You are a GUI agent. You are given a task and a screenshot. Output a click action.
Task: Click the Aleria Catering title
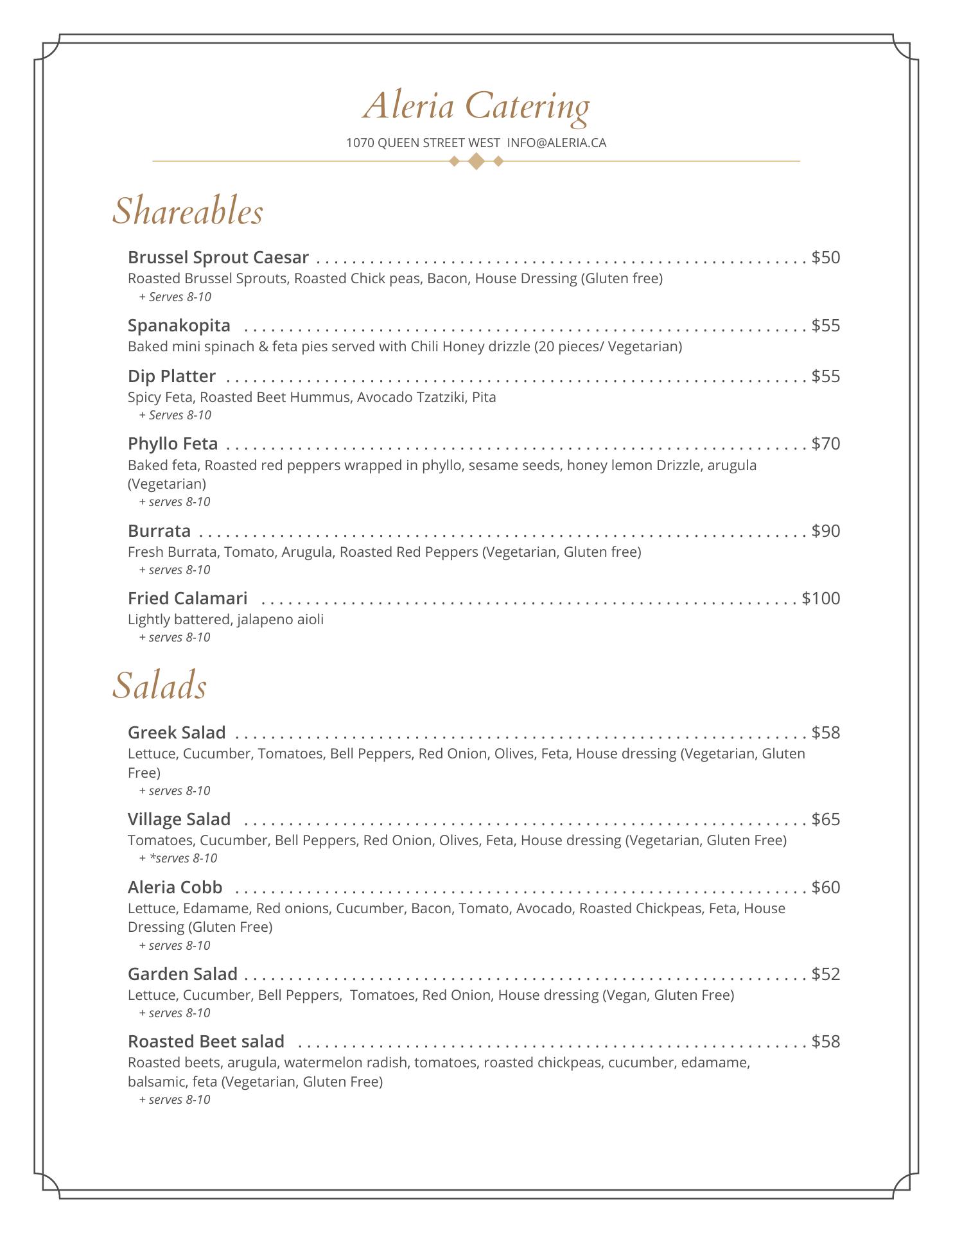[476, 106]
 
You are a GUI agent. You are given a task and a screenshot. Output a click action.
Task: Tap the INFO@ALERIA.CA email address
[556, 143]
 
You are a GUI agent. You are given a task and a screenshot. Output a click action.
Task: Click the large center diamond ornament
[476, 161]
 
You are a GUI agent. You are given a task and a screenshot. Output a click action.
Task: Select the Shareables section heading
[188, 211]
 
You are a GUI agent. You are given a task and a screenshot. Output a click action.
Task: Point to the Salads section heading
[159, 685]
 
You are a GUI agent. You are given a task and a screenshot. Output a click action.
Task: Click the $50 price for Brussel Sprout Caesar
[825, 258]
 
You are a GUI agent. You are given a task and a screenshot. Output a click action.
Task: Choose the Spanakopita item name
[179, 326]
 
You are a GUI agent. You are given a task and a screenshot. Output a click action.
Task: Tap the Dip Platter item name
[171, 376]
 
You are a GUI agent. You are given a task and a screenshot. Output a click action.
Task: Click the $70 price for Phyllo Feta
[825, 444]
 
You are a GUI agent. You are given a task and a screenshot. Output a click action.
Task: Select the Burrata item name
[159, 531]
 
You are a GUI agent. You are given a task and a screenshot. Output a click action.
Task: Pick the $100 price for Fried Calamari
[821, 599]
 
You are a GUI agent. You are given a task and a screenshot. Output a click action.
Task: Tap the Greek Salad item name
[177, 733]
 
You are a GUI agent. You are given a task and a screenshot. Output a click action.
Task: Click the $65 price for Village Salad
[825, 819]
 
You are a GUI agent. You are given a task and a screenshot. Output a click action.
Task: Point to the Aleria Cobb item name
[175, 888]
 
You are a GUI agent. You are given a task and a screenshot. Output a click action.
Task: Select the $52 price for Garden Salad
[825, 974]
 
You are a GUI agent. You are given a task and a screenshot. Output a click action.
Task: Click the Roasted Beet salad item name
[205, 1042]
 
